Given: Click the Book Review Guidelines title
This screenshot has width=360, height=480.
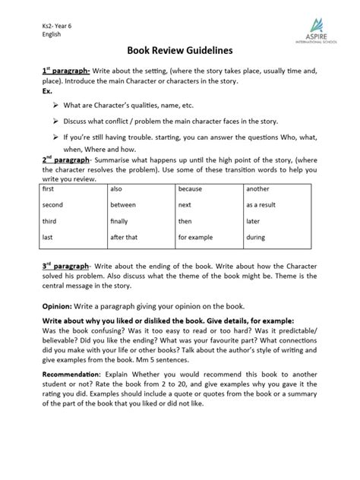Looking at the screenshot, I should [x=179, y=51].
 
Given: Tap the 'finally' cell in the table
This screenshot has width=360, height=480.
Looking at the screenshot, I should [x=122, y=221].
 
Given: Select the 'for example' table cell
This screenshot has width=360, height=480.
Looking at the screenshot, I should [x=196, y=237].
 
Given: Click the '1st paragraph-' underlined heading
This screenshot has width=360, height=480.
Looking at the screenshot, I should [x=67, y=70].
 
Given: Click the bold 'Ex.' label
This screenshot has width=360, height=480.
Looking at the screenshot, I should [x=47, y=90].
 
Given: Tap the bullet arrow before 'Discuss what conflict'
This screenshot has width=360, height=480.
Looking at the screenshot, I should [x=55, y=122].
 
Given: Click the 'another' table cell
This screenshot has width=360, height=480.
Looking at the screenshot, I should [x=258, y=188].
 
